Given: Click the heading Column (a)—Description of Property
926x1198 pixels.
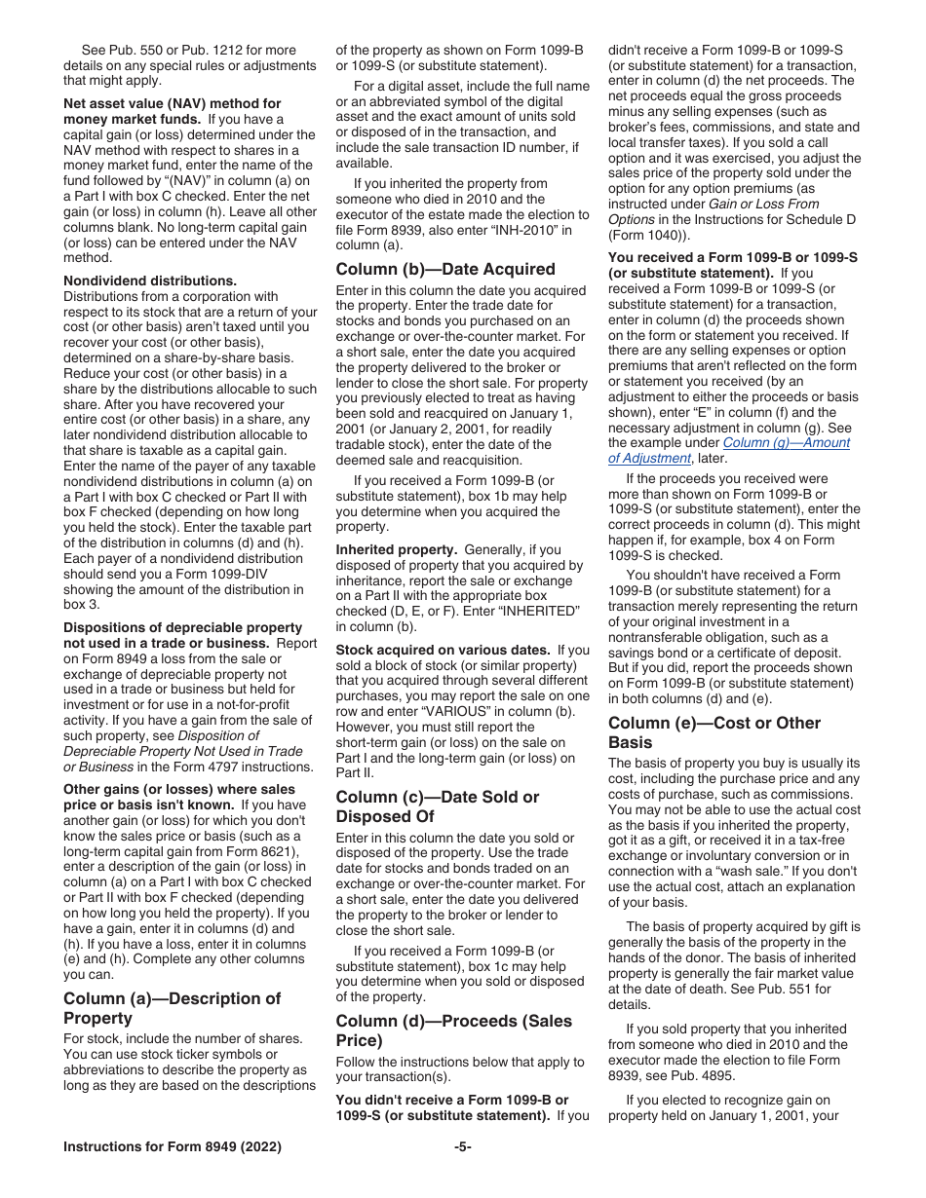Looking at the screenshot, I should pyautogui.click(x=172, y=1008).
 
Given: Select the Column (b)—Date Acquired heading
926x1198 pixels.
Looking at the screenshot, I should pyautogui.click(x=445, y=269).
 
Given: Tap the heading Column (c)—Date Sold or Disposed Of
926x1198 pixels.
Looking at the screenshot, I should pyautogui.click(x=438, y=806).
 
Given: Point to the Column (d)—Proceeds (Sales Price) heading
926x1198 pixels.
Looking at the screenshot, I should pyautogui.click(x=453, y=1030).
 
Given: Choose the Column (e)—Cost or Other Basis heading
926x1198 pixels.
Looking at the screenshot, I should pyautogui.click(x=714, y=732).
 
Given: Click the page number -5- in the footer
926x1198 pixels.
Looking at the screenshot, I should pyautogui.click(x=463, y=1147).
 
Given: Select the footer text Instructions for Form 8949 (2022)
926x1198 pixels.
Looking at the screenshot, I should pyautogui.click(x=173, y=1147).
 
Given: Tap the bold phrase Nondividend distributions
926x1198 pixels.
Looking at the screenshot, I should pyautogui.click(x=150, y=281).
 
